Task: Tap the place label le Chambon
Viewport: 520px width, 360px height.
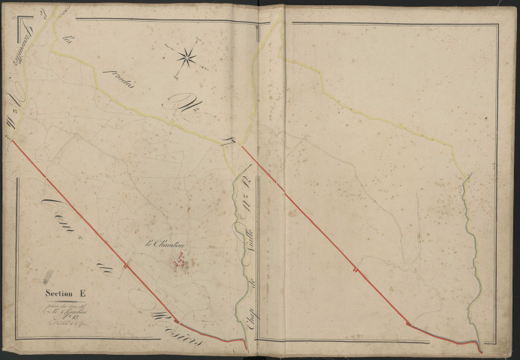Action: [166, 244]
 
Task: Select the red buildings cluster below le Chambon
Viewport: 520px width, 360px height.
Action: [181, 262]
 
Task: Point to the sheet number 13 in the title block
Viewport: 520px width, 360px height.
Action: [64, 318]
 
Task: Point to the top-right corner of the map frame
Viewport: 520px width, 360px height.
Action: [498, 24]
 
